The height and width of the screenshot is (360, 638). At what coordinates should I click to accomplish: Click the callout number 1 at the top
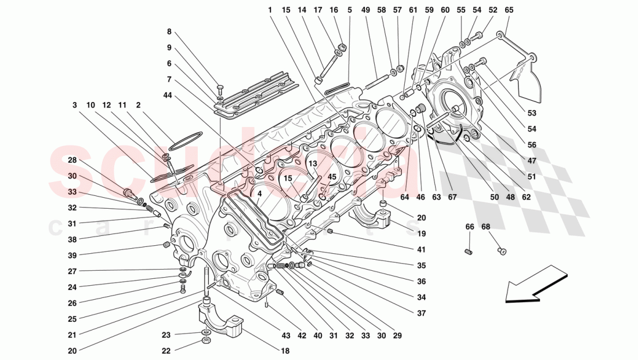click(x=270, y=10)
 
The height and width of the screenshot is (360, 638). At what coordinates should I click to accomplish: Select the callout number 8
click(x=169, y=32)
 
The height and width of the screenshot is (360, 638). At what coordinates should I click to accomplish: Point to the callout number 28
click(x=72, y=160)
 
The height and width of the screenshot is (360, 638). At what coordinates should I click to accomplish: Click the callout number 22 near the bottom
click(x=166, y=351)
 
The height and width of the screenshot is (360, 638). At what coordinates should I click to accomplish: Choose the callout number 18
click(x=286, y=351)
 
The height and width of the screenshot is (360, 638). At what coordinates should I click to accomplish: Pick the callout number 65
click(x=509, y=10)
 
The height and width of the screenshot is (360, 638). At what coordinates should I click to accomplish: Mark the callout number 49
click(x=365, y=10)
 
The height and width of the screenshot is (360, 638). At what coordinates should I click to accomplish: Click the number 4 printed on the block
click(x=260, y=194)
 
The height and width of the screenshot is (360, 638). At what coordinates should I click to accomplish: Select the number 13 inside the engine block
click(x=311, y=164)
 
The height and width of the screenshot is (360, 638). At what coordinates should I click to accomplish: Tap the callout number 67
click(x=452, y=197)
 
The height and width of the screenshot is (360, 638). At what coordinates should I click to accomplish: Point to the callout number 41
click(x=420, y=250)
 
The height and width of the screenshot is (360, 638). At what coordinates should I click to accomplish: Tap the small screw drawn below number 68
click(x=502, y=251)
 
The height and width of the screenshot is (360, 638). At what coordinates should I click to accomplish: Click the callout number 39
click(x=72, y=255)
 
